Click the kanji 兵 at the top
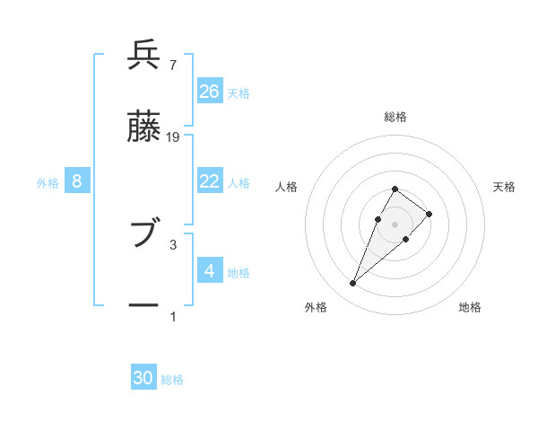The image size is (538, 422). tap(144, 57)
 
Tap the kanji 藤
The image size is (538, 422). tap(144, 128)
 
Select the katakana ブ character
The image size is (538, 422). tap(144, 234)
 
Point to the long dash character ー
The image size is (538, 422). tap(144, 306)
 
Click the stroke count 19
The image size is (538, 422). tap(173, 136)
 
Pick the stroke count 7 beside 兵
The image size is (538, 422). tap(172, 65)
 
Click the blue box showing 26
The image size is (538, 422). tap(210, 92)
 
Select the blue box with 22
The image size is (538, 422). tap(210, 181)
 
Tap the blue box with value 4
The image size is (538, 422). tap(210, 270)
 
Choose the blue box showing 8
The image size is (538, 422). tap(77, 181)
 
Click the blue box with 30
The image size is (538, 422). tap(143, 378)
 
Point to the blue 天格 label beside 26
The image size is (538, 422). tap(238, 92)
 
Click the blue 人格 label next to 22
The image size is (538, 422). tap(238, 182)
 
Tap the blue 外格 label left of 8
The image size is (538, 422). tap(48, 182)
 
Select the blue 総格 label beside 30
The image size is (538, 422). tap(172, 380)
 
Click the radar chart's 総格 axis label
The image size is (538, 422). tap(395, 117)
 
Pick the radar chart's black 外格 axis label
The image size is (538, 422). tap(316, 307)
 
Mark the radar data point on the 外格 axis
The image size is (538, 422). tap(353, 284)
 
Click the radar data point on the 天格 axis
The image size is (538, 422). tap(430, 214)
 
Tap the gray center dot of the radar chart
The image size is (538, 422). tap(395, 224)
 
